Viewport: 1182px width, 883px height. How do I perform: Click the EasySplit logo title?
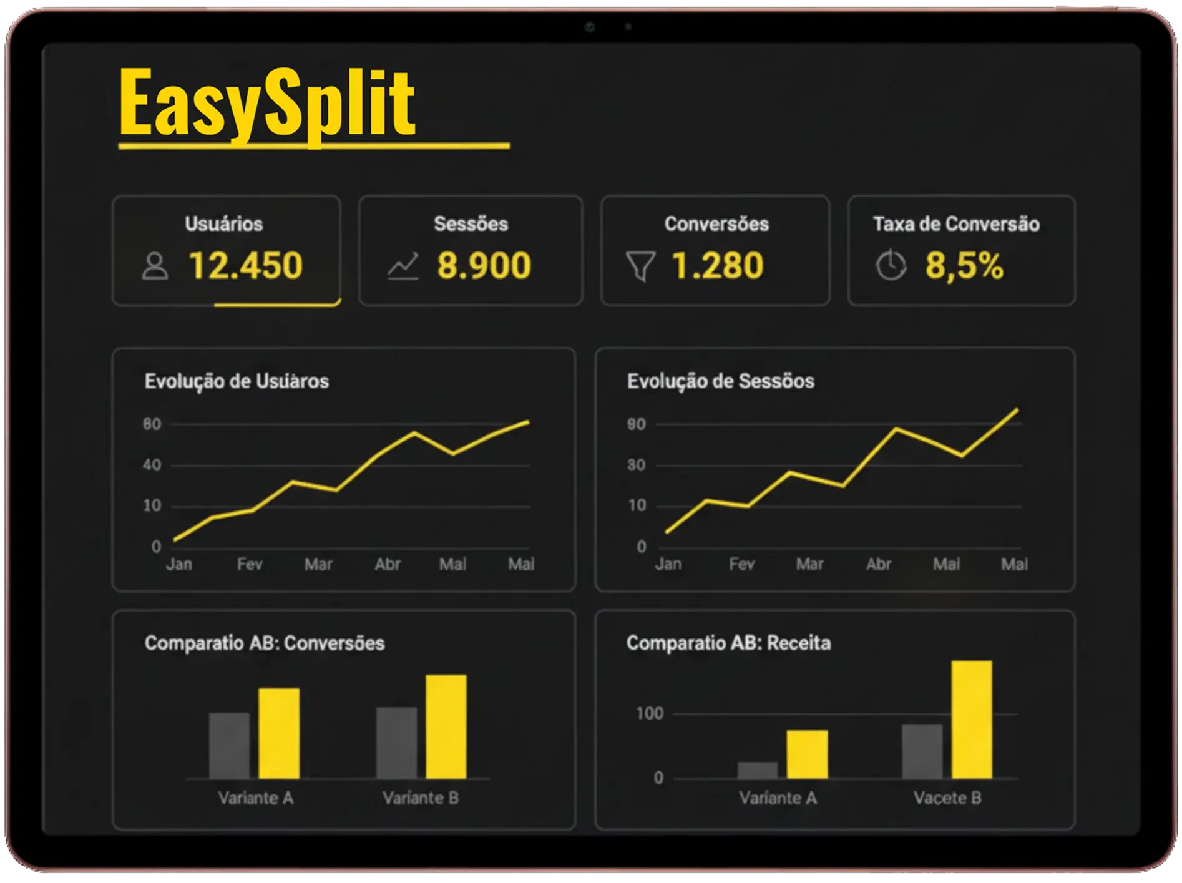point(267,104)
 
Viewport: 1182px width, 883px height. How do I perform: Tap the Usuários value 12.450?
point(245,265)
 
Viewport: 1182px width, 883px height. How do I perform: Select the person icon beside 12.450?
point(155,266)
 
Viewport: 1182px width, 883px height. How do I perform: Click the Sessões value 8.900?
point(484,265)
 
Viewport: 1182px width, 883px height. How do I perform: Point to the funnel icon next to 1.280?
point(640,266)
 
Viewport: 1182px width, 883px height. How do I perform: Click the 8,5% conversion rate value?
point(964,265)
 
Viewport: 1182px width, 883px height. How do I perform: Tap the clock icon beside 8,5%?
point(891,266)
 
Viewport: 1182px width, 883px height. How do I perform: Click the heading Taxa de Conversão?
point(956,224)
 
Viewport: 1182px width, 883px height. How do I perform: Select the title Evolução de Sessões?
point(720,381)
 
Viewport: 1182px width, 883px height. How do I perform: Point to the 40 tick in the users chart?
point(152,465)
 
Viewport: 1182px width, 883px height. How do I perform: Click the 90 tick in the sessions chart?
point(636,424)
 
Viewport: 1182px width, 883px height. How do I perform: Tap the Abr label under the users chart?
point(388,564)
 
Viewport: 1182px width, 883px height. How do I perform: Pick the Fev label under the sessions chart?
point(741,564)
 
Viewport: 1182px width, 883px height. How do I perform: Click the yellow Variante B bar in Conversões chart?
point(446,726)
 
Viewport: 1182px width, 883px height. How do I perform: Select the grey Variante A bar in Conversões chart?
point(229,746)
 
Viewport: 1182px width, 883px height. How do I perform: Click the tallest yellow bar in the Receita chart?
point(972,720)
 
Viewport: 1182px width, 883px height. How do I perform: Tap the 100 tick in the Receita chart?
point(649,713)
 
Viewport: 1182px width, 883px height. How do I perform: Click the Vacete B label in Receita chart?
point(947,798)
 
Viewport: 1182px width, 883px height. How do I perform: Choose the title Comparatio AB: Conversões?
point(265,643)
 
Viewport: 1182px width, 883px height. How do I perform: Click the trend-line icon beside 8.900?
point(403,266)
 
